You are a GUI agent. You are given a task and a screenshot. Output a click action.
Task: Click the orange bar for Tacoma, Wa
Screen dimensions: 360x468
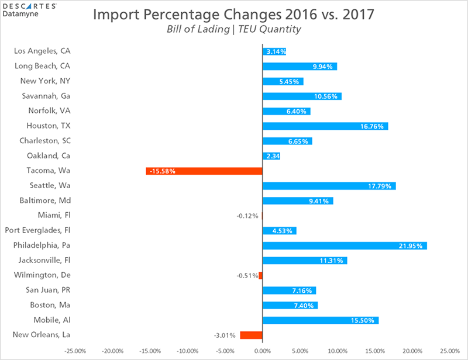tap(204, 171)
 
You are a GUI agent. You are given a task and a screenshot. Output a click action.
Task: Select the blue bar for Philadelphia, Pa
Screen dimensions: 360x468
tap(345, 246)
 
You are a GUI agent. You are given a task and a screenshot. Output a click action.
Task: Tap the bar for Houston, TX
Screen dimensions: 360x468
tap(325, 126)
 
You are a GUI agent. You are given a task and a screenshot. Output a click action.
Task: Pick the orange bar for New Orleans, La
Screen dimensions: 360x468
tap(251, 335)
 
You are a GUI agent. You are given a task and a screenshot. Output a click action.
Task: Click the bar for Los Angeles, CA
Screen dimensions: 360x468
tap(274, 51)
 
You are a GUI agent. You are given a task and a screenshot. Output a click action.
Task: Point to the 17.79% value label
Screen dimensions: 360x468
tap(383, 186)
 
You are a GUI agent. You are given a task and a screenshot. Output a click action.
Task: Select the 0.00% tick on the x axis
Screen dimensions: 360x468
tap(263, 351)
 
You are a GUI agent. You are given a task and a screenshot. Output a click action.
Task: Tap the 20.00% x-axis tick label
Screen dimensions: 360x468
tap(412, 351)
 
